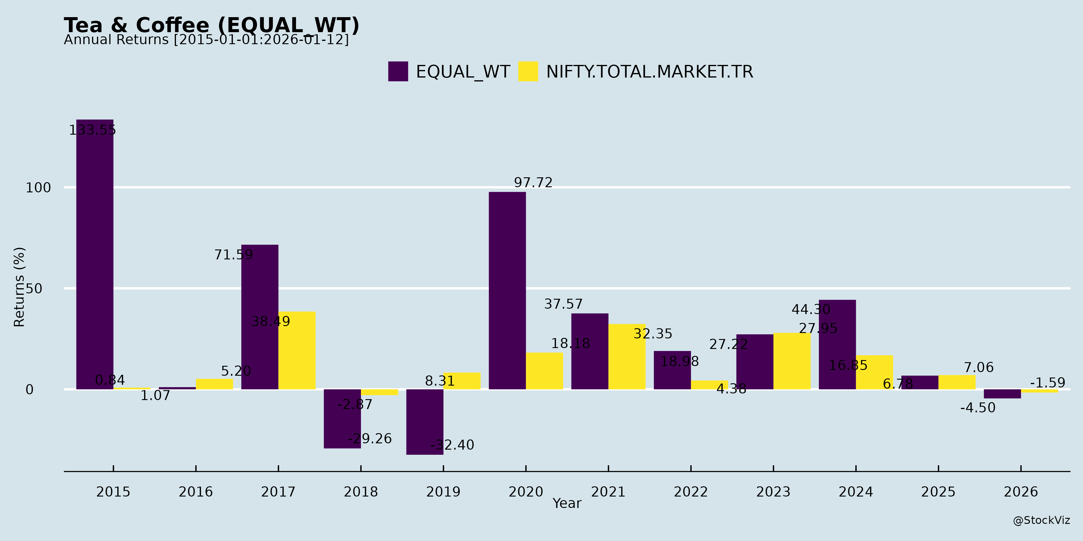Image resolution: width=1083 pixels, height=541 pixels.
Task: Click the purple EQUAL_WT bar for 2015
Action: [94, 254]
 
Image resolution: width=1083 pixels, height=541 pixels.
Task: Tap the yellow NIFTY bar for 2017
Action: [297, 350]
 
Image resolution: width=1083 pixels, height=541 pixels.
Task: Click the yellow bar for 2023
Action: [792, 361]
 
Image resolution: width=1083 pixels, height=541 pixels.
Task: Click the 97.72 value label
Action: [533, 183]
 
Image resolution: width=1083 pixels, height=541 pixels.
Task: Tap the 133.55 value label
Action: [92, 130]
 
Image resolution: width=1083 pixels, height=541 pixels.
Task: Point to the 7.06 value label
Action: [979, 368]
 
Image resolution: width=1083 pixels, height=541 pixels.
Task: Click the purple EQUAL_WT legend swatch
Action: [398, 72]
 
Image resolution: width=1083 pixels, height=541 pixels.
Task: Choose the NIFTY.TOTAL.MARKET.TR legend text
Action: [649, 72]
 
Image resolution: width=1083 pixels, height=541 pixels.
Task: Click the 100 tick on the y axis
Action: [38, 188]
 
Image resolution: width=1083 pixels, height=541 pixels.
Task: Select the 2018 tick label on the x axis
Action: [361, 492]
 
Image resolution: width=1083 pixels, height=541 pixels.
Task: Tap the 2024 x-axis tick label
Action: [856, 492]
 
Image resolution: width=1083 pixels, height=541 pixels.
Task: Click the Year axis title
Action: [567, 503]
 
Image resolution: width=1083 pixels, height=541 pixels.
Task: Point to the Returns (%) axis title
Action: [19, 287]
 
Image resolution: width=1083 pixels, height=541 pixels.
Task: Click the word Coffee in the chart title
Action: [172, 25]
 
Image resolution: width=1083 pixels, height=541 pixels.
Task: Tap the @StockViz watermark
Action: [1041, 521]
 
